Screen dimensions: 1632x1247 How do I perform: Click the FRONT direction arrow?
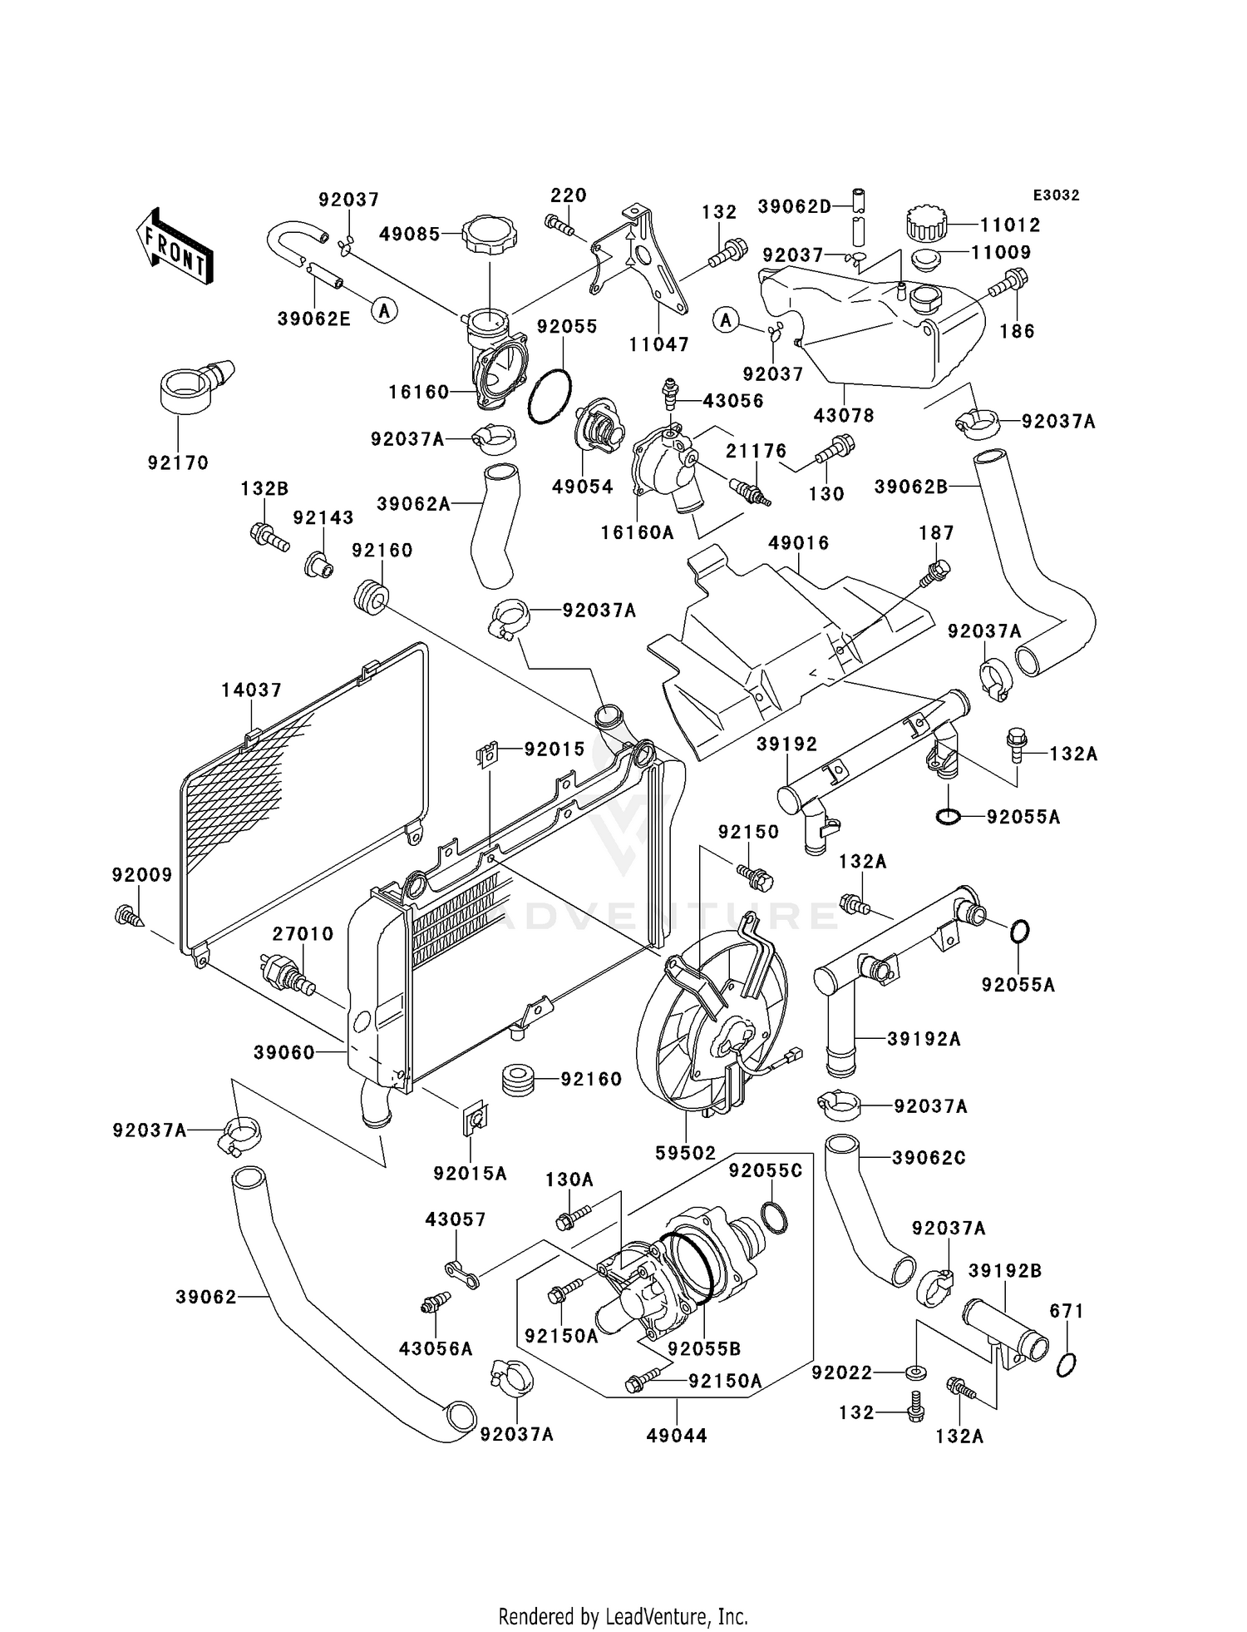[175, 247]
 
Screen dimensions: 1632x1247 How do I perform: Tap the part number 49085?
[409, 235]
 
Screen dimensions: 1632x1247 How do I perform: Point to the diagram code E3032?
[1056, 195]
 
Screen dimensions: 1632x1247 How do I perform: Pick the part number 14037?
[251, 690]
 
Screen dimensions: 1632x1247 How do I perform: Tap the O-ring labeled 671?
[1067, 1365]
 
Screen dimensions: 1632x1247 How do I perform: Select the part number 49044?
[677, 1436]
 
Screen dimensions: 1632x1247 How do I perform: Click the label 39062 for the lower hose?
[206, 1297]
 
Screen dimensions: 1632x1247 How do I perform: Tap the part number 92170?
[178, 463]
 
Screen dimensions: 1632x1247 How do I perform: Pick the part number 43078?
[844, 415]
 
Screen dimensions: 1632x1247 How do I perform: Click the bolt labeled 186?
[1007, 284]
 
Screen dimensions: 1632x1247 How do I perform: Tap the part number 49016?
[798, 543]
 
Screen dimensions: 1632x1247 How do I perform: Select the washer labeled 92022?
[914, 1372]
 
